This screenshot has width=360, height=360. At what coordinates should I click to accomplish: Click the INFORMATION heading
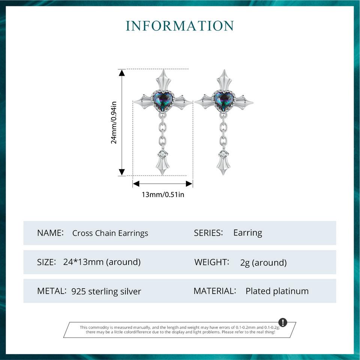(180, 25)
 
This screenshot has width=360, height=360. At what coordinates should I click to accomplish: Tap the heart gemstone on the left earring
(163, 101)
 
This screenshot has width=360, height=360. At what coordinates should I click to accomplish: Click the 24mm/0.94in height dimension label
(114, 122)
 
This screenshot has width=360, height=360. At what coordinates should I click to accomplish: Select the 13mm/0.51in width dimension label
(163, 195)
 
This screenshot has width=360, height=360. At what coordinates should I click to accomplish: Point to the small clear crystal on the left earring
(163, 154)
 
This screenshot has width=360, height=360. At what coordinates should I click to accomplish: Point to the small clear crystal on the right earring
(223, 154)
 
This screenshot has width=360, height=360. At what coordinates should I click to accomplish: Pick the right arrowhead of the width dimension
(189, 184)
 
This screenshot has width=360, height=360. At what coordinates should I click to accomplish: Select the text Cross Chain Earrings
(110, 233)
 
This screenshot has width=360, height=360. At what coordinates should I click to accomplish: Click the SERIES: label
(208, 233)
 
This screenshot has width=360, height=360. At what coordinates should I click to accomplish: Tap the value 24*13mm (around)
(102, 262)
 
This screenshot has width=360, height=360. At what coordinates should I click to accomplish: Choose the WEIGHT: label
(211, 262)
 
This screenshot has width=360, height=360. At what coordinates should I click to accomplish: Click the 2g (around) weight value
(263, 262)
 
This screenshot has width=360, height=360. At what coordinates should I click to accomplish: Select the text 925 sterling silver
(106, 291)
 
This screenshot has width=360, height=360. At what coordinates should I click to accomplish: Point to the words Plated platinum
(277, 291)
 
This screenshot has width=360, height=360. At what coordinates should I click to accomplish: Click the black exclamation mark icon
(283, 322)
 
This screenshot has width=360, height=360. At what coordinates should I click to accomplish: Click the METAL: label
(52, 291)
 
